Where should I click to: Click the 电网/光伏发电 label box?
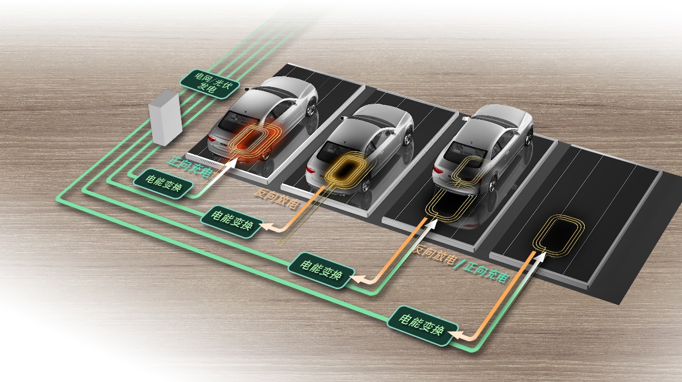pos(210,84)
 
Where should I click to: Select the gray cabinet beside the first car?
pos(166,118)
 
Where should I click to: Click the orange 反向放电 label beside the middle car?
pos(276,198)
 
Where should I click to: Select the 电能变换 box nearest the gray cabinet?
pos(163,184)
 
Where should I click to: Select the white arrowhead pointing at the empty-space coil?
pos(540,257)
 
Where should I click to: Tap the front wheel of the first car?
pos(311,107)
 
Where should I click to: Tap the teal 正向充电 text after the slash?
pos(485,272)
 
